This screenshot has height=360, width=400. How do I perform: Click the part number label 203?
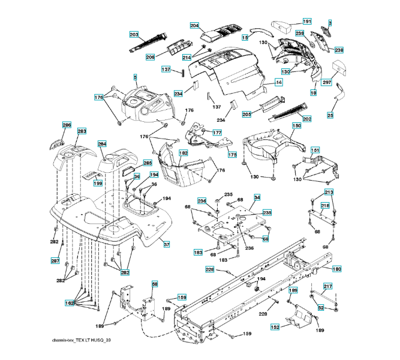click(134, 34)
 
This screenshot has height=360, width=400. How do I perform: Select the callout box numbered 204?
click(194, 25)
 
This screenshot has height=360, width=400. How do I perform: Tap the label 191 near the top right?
click(306, 22)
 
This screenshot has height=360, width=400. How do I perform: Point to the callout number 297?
click(327, 82)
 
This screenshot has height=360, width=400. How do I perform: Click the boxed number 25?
click(330, 115)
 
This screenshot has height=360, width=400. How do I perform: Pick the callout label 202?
click(307, 119)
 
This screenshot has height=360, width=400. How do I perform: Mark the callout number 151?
click(315, 150)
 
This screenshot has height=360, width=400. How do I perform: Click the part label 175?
click(232, 155)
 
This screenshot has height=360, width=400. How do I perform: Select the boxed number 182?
click(184, 154)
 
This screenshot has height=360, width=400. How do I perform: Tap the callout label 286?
click(67, 125)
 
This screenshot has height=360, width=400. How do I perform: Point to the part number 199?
click(98, 183)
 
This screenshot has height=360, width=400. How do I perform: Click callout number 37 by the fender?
click(166, 244)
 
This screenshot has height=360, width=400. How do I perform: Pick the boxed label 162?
click(70, 303)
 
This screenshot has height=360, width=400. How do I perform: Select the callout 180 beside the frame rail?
click(336, 269)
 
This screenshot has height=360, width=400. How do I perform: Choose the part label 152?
click(275, 327)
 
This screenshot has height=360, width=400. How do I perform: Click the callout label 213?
click(329, 192)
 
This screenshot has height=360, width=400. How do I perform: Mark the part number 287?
click(55, 260)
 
